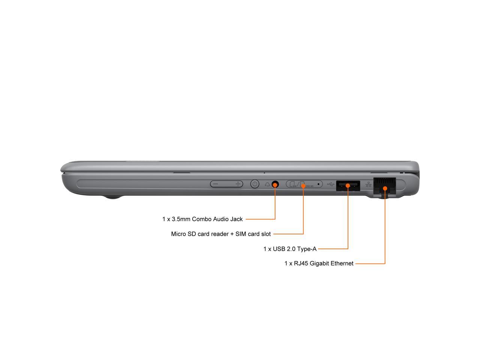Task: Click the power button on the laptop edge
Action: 255,184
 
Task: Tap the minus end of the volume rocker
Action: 215,184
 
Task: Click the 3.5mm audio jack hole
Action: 275,184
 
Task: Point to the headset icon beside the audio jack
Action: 267,184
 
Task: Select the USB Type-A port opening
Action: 348,186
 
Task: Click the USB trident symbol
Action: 331,184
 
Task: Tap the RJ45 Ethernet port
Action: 384,186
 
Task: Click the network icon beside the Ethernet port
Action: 368,184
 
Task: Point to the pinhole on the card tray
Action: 318,184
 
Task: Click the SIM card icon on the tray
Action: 292,184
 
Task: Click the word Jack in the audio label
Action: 236,219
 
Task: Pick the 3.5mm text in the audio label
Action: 181,219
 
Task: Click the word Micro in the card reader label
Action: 178,234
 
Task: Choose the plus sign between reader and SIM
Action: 232,234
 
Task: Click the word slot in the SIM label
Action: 266,234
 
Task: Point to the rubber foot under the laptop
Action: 112,197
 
